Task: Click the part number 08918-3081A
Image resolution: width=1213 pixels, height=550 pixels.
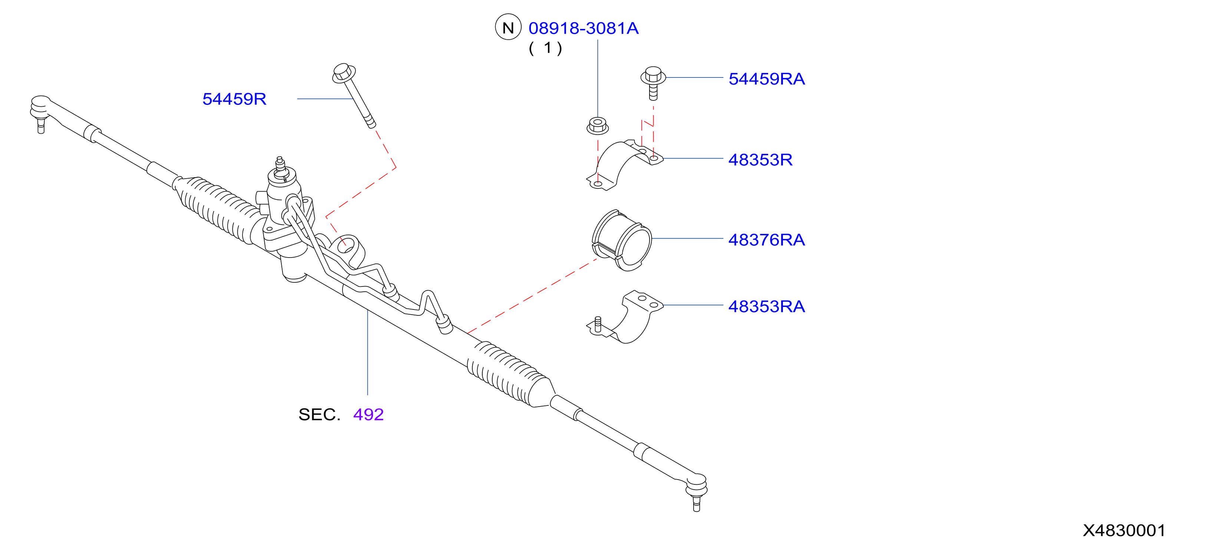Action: pos(584,28)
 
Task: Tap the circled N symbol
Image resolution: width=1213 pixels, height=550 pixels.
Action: pos(508,27)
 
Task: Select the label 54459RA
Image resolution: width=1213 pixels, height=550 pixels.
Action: pos(767,79)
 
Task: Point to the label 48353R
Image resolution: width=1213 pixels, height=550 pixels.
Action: pos(760,160)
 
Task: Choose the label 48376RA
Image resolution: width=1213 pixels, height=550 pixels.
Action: pos(767,240)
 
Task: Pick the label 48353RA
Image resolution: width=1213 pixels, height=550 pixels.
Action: pos(767,307)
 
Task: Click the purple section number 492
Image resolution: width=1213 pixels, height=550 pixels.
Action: pos(368,414)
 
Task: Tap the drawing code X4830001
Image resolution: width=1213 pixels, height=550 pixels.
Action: pos(1124,531)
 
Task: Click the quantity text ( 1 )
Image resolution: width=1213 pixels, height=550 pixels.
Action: pos(545,48)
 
